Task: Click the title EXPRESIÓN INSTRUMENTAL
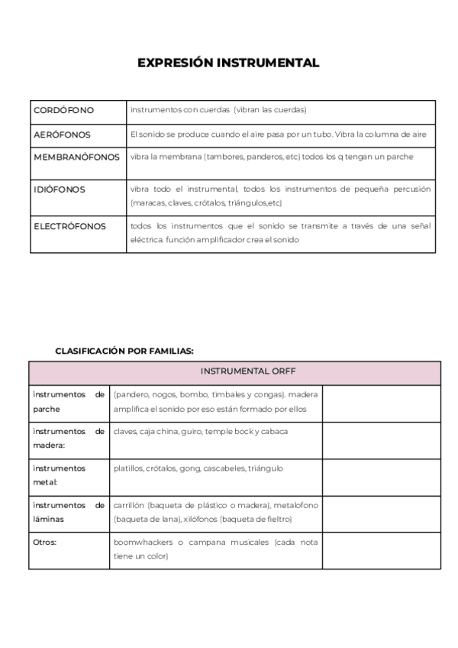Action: pos(228,63)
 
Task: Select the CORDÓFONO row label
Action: pos(63,110)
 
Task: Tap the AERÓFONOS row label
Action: pos(62,134)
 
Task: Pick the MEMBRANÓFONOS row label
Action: pos(76,157)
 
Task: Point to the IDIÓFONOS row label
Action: pos(60,189)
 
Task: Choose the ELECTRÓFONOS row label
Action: pos(69,226)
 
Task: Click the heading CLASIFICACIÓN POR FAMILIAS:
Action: pos(124,351)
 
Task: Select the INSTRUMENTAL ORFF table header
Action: pos(248,371)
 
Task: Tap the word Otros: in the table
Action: pos(45,542)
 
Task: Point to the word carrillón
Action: pos(129,505)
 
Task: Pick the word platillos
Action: pos(129,468)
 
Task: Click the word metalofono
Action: pos(297,505)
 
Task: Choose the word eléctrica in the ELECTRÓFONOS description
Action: pos(147,240)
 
